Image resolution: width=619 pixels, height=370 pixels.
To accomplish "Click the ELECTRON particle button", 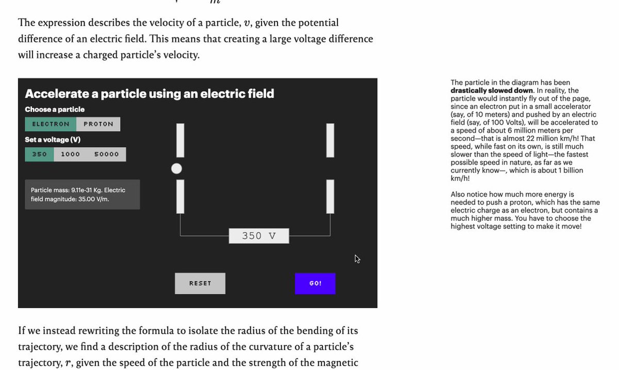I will click(51, 124).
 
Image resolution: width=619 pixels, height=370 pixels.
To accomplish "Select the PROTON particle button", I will click(98, 124).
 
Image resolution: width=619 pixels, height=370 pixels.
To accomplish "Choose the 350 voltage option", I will click(40, 154).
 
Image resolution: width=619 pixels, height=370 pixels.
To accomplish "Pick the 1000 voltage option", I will click(70, 154).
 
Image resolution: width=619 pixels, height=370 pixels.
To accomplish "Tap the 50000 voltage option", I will click(106, 154).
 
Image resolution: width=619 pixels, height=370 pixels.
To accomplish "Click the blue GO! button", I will click(315, 283).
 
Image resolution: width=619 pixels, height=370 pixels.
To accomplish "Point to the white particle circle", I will click(176, 168).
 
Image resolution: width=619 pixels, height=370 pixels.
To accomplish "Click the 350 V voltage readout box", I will click(259, 236).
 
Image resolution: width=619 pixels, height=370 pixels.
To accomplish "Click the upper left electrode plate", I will click(180, 140).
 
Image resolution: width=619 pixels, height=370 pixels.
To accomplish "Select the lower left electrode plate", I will click(180, 196).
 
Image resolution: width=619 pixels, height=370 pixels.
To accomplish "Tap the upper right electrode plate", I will click(330, 140).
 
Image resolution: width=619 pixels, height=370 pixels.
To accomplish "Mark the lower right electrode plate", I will click(330, 196).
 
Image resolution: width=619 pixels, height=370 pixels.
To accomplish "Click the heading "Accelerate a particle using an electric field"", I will click(150, 94).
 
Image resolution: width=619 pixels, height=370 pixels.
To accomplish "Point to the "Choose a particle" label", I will click(55, 109).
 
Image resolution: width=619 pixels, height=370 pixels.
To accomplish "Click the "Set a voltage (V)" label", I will click(53, 140).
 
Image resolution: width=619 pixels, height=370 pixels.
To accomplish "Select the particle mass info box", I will click(82, 195).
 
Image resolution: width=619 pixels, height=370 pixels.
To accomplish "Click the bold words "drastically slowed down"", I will click(492, 91).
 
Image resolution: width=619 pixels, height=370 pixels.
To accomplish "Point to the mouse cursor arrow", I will click(357, 259).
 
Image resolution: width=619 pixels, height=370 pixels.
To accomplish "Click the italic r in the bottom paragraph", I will click(68, 363).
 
